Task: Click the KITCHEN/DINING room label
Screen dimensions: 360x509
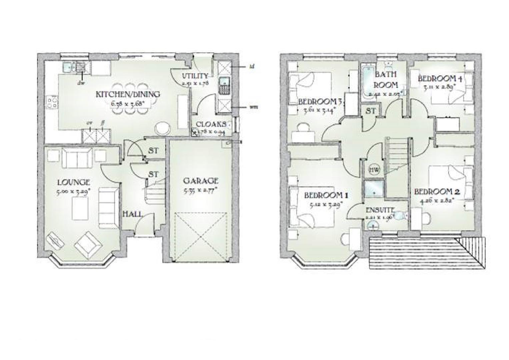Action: (x=128, y=94)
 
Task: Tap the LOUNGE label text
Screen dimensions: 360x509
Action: (x=74, y=182)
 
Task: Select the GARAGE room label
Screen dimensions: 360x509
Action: (x=201, y=181)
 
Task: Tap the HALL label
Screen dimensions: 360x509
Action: (x=133, y=214)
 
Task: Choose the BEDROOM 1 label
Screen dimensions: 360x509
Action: (x=323, y=195)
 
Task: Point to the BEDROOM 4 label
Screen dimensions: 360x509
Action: (x=440, y=79)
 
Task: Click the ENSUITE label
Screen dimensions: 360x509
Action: (x=380, y=210)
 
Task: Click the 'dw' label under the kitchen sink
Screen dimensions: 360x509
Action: (x=81, y=83)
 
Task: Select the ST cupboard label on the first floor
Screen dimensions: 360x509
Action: (x=371, y=111)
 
